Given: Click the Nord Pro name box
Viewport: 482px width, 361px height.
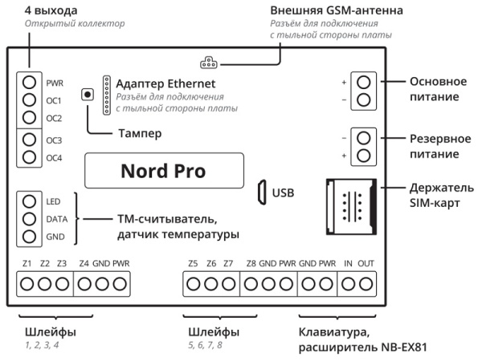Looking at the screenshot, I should [163, 172].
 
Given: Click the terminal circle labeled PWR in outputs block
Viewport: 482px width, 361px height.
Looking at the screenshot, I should [29, 83].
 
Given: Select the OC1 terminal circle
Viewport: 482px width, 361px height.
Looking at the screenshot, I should [29, 100].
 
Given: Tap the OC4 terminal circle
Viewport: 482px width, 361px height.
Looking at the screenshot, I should [29, 157].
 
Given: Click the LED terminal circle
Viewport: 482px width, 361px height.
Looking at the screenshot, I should [29, 201].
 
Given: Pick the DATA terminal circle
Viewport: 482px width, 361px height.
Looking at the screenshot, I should [29, 219].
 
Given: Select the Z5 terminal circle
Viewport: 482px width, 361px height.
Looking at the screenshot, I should [193, 283].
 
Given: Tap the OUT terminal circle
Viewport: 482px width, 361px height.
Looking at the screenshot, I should [366, 283].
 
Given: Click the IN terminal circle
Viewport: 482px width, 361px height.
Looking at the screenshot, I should [349, 283].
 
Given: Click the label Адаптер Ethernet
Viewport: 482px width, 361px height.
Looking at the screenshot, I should [167, 83].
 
